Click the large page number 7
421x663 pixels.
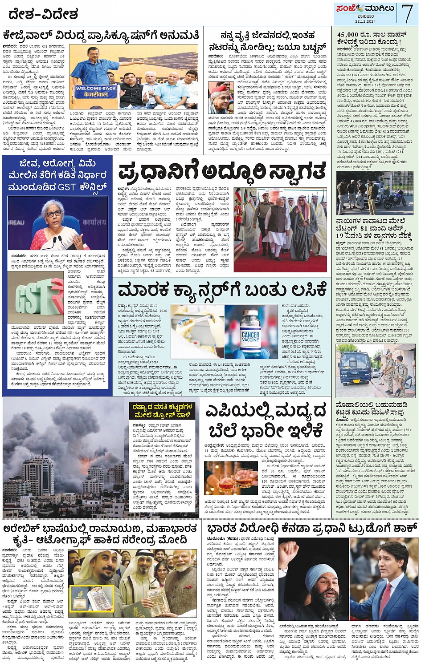coord(407,13)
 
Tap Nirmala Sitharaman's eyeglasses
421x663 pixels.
coord(53,214)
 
